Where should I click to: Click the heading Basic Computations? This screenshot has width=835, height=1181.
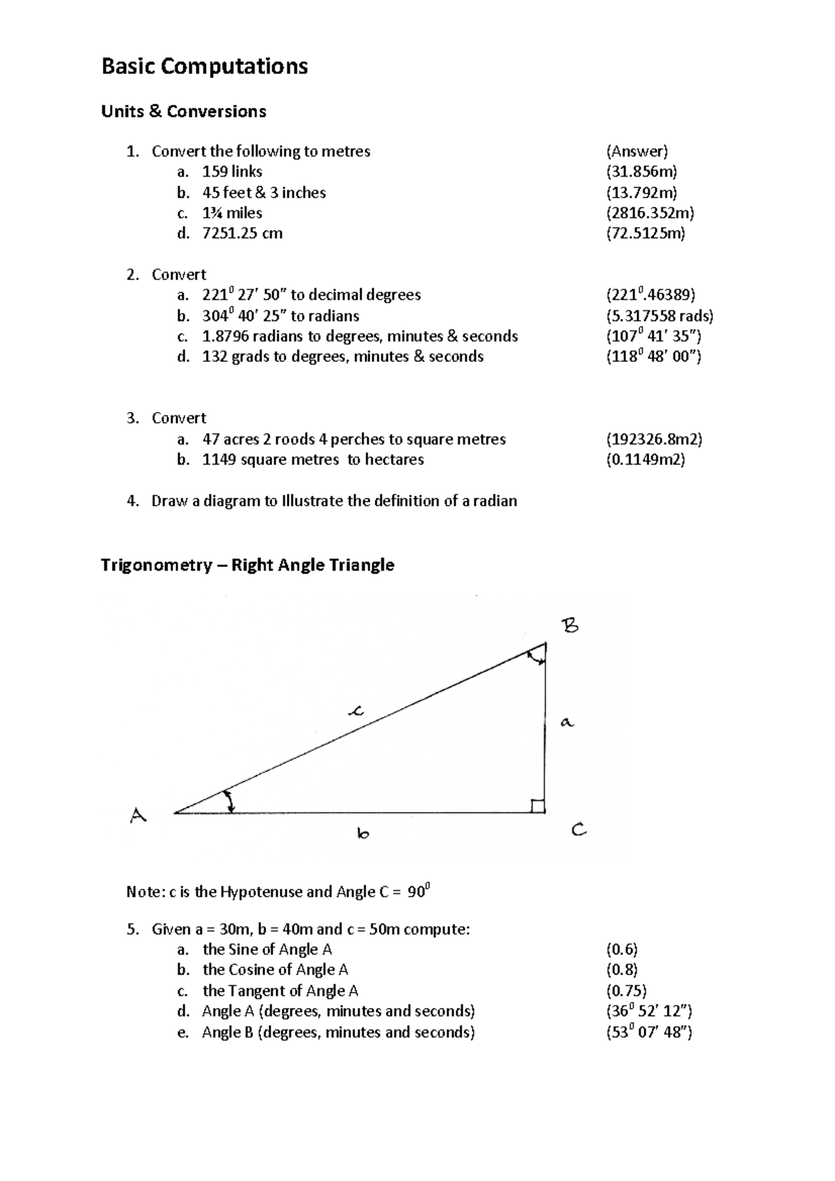pos(205,67)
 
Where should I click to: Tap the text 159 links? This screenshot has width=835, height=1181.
pos(232,172)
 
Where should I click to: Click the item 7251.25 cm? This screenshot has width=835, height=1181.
pos(242,234)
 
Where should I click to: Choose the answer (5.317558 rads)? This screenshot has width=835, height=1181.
pos(660,316)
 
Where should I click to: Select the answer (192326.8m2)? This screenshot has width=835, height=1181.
pos(654,440)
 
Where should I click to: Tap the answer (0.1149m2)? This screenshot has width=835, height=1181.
pos(646,460)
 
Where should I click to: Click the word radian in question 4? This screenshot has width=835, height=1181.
pos(494,501)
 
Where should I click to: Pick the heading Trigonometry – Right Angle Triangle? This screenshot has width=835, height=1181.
pos(247,565)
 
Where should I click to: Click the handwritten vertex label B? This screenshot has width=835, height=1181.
pos(570,626)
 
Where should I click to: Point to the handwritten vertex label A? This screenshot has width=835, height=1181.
pos(138,815)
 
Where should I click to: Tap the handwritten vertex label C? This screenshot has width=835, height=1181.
pos(579,830)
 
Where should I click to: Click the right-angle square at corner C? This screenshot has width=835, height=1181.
pos(538,806)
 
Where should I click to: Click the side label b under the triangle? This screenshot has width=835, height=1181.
pos(363,833)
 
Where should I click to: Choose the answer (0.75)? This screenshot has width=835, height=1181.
pos(626,991)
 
